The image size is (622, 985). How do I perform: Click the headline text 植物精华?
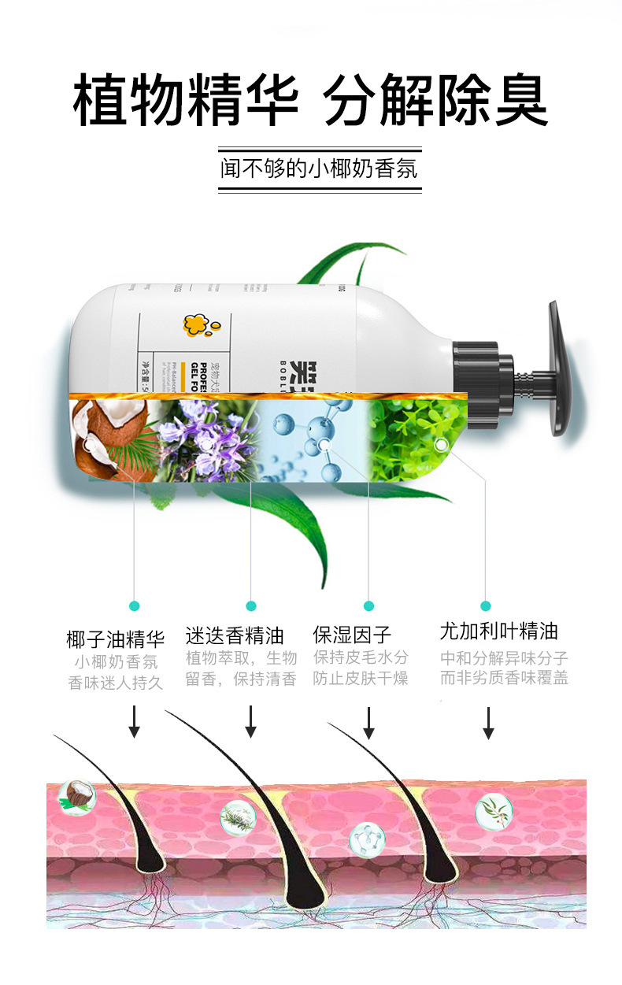186,101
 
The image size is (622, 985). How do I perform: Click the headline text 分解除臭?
435,101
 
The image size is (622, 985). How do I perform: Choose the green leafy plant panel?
418,439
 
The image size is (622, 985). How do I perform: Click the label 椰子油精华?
116,638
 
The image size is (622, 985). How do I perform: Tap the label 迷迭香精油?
235,635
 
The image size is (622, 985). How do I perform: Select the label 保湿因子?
352,635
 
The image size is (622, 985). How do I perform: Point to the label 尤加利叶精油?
499,631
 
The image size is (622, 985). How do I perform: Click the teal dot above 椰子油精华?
134,605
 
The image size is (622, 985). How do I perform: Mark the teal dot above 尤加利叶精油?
486,605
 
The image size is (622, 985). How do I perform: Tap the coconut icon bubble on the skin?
77,796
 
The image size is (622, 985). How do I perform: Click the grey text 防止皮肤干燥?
361,678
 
